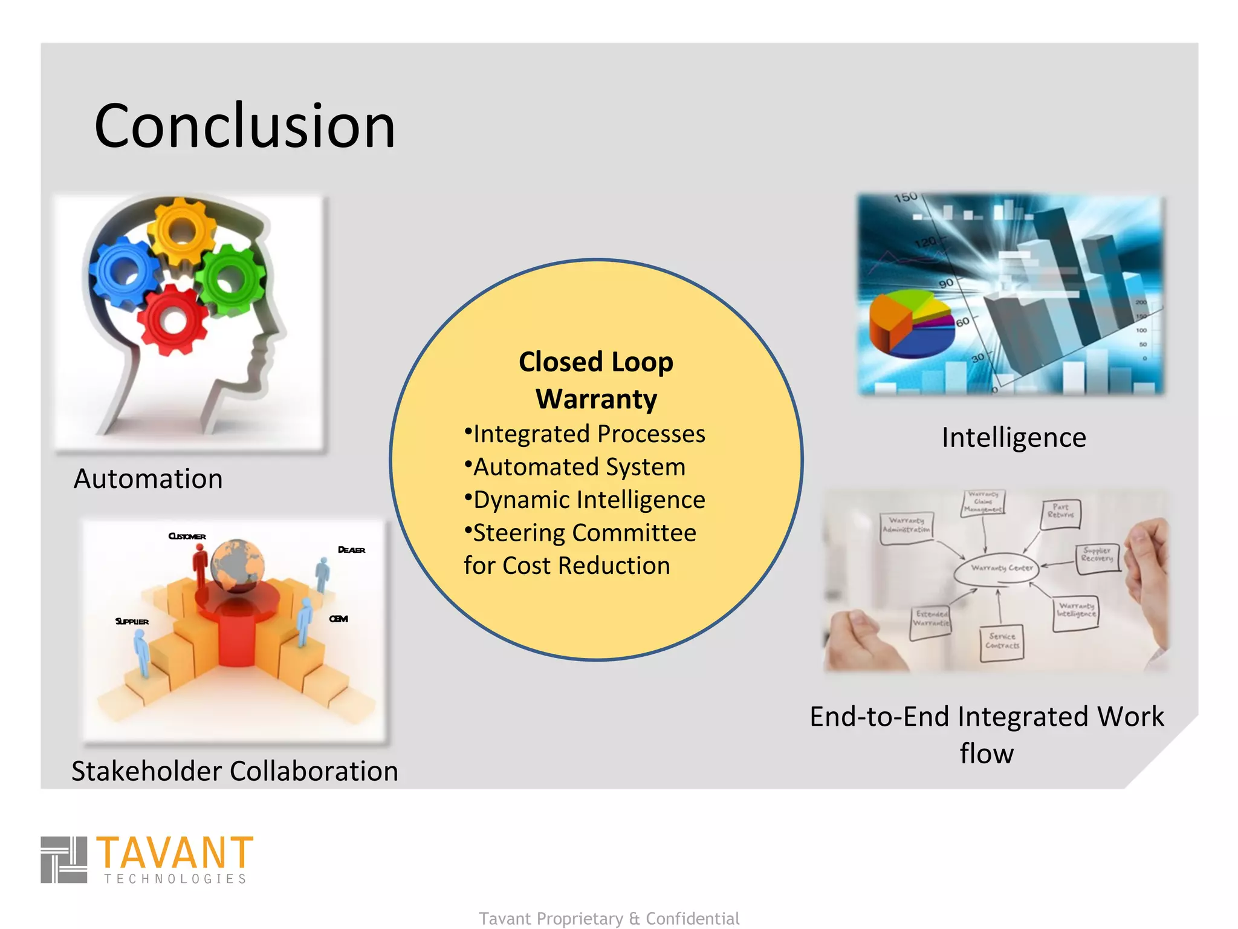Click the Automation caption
click(148, 478)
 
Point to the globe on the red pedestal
click(238, 566)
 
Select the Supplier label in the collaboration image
click(132, 621)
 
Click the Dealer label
click(351, 550)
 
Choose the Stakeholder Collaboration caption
click(235, 771)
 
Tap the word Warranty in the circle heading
click(596, 399)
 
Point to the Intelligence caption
click(1014, 437)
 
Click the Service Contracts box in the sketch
click(1002, 642)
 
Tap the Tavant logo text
click(175, 853)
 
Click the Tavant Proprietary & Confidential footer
click(609, 918)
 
